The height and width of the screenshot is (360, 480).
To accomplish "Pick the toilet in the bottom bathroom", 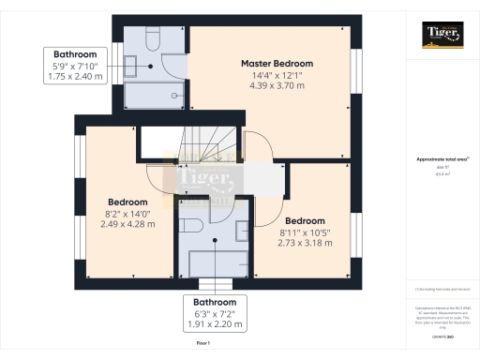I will coord(188,228).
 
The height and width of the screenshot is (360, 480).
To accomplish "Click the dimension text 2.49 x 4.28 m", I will coord(127,226).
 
